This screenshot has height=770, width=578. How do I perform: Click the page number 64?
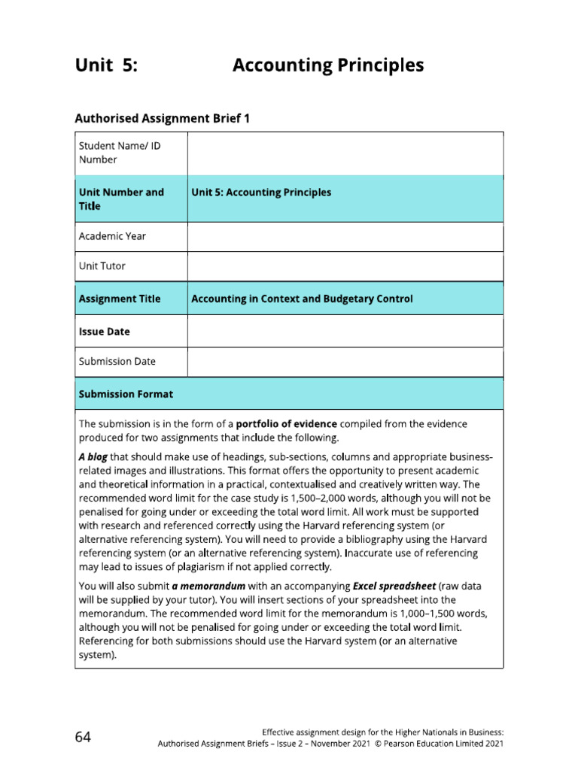coord(83,737)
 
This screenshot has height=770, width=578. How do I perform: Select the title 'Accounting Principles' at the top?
coord(328,66)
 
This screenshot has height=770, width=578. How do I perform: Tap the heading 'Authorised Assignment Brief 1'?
coord(162,118)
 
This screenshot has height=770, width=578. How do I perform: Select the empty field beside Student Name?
coord(345,153)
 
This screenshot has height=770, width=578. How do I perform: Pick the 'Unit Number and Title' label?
coord(121,199)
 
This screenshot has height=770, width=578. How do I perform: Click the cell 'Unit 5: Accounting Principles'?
coord(261,192)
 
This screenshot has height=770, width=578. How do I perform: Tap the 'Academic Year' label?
coord(112,236)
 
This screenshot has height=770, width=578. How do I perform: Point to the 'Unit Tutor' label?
coord(102,266)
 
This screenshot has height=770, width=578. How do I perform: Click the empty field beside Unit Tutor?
coord(345,266)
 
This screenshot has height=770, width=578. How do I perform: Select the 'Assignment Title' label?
coord(120,299)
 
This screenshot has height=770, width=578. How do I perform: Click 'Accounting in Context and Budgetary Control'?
coord(302,299)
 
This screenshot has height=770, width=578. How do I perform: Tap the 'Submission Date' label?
coord(117,361)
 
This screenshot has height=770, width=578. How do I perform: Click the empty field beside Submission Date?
coord(345,362)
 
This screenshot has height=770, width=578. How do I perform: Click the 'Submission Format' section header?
coord(126,393)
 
